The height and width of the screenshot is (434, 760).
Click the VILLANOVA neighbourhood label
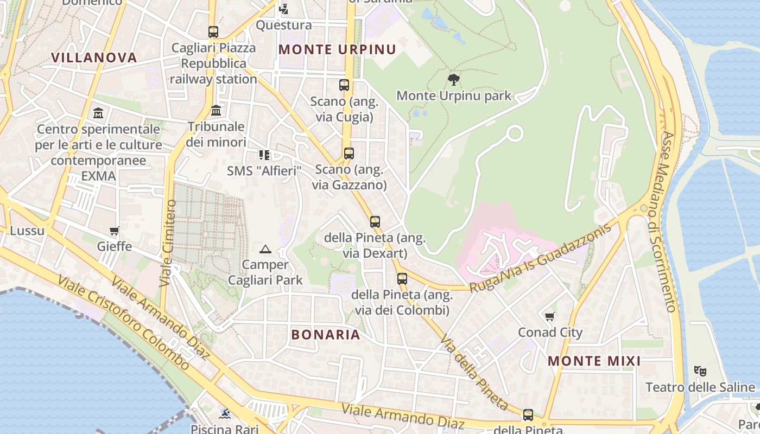pyautogui.click(x=94, y=58)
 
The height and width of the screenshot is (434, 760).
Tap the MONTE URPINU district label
pyautogui.click(x=337, y=49)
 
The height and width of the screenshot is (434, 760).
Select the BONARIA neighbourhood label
pyautogui.click(x=326, y=335)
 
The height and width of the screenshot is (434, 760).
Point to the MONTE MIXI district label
pyautogui.click(x=594, y=361)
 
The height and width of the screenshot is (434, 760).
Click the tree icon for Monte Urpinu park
pyautogui.click(x=454, y=80)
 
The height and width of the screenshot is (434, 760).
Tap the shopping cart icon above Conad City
pyautogui.click(x=550, y=316)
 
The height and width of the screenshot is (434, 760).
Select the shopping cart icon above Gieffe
pyautogui.click(x=114, y=231)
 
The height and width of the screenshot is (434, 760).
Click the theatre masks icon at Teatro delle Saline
pyautogui.click(x=700, y=372)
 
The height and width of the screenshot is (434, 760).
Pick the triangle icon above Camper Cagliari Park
pyautogui.click(x=265, y=250)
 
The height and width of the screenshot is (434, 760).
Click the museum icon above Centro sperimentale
pyautogui.click(x=98, y=113)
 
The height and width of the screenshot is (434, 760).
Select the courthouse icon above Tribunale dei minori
pyautogui.click(x=216, y=111)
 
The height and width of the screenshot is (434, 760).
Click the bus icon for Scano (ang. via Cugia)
pyautogui.click(x=344, y=85)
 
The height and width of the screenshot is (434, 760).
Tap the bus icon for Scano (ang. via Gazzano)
pyautogui.click(x=349, y=154)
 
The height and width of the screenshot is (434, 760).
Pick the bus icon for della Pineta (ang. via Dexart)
pyautogui.click(x=375, y=221)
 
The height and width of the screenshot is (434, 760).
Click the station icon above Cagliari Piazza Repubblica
pyautogui.click(x=213, y=32)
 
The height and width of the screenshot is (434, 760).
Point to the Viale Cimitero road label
pyautogui.click(x=168, y=243)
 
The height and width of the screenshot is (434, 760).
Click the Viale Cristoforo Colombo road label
pyautogui.click(x=124, y=323)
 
